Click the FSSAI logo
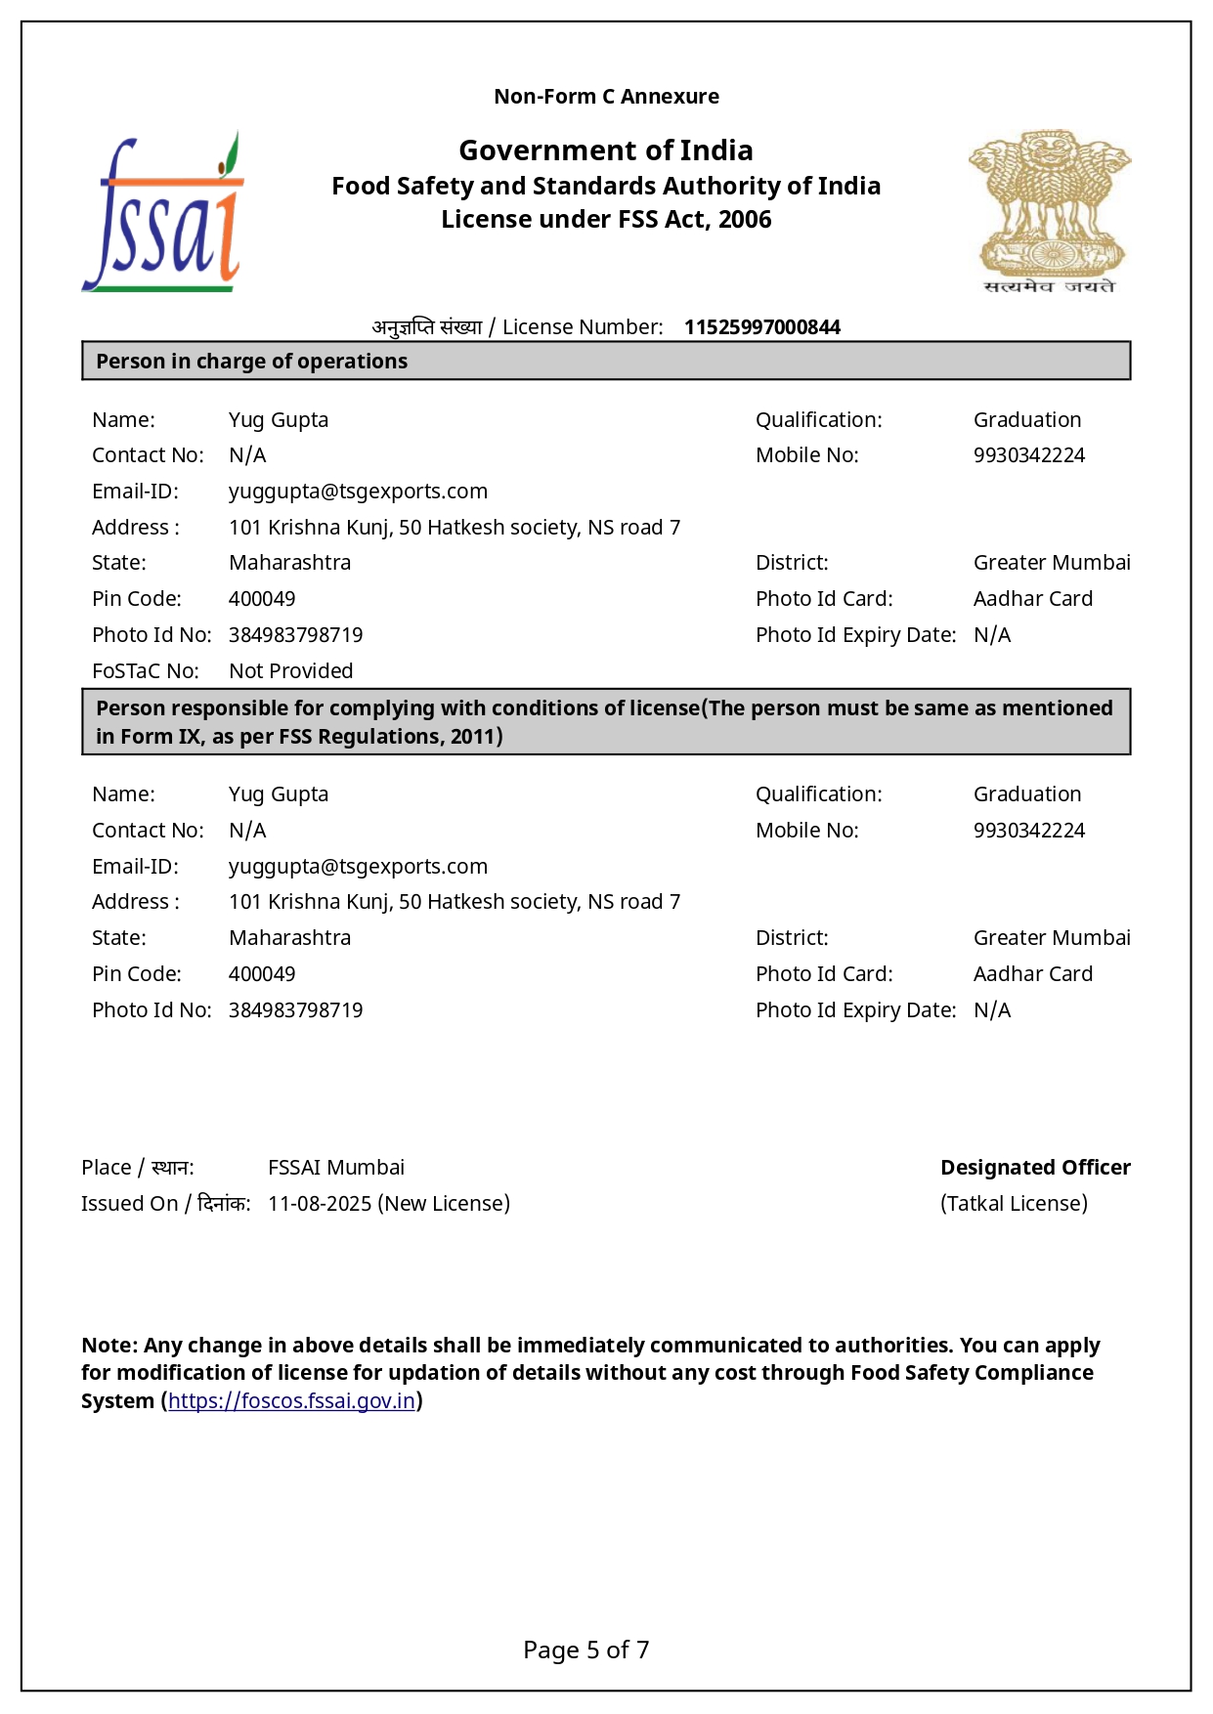pos(163,214)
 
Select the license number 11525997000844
pos(761,327)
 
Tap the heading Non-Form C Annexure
pos(606,97)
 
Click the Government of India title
pos(606,150)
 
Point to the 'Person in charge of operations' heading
pos(251,362)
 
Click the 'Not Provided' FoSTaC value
pos(290,671)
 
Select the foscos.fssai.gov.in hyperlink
pos(291,1401)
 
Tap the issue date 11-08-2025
pos(319,1204)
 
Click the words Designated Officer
pos(1035,1168)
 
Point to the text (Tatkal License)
pos(1014,1204)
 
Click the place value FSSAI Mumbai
pos(335,1168)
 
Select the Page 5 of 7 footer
pos(585,1650)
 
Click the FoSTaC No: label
pos(145,671)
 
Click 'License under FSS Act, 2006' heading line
pos(606,220)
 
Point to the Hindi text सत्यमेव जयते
pos(1049,286)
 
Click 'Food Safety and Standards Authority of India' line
pos(606,187)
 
